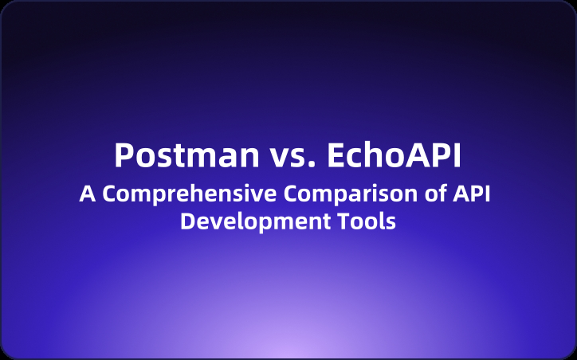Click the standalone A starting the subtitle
click(86, 194)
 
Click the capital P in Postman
click(124, 155)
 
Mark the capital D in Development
click(187, 221)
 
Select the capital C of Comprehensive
click(108, 194)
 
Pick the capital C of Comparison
click(269, 194)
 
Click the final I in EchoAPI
click(457, 155)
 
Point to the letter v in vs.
click(273, 158)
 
